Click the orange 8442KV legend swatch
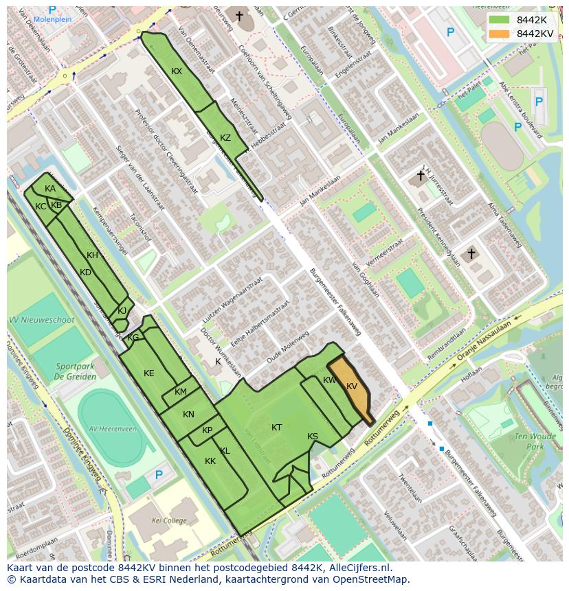coord(500,34)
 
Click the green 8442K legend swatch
coord(500,20)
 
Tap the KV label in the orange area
coord(352,386)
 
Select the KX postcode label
coord(177,71)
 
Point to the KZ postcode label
coord(225,137)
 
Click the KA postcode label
coord(50,189)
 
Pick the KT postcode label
coord(276,428)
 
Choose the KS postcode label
coord(313,437)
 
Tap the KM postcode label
coord(181,392)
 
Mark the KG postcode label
coord(133,338)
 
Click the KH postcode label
coord(93,255)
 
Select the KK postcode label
coord(210,461)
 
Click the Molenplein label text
coord(52,20)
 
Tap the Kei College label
coord(169,521)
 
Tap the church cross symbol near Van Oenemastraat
coord(239,15)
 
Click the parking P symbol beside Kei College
coord(159,474)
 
